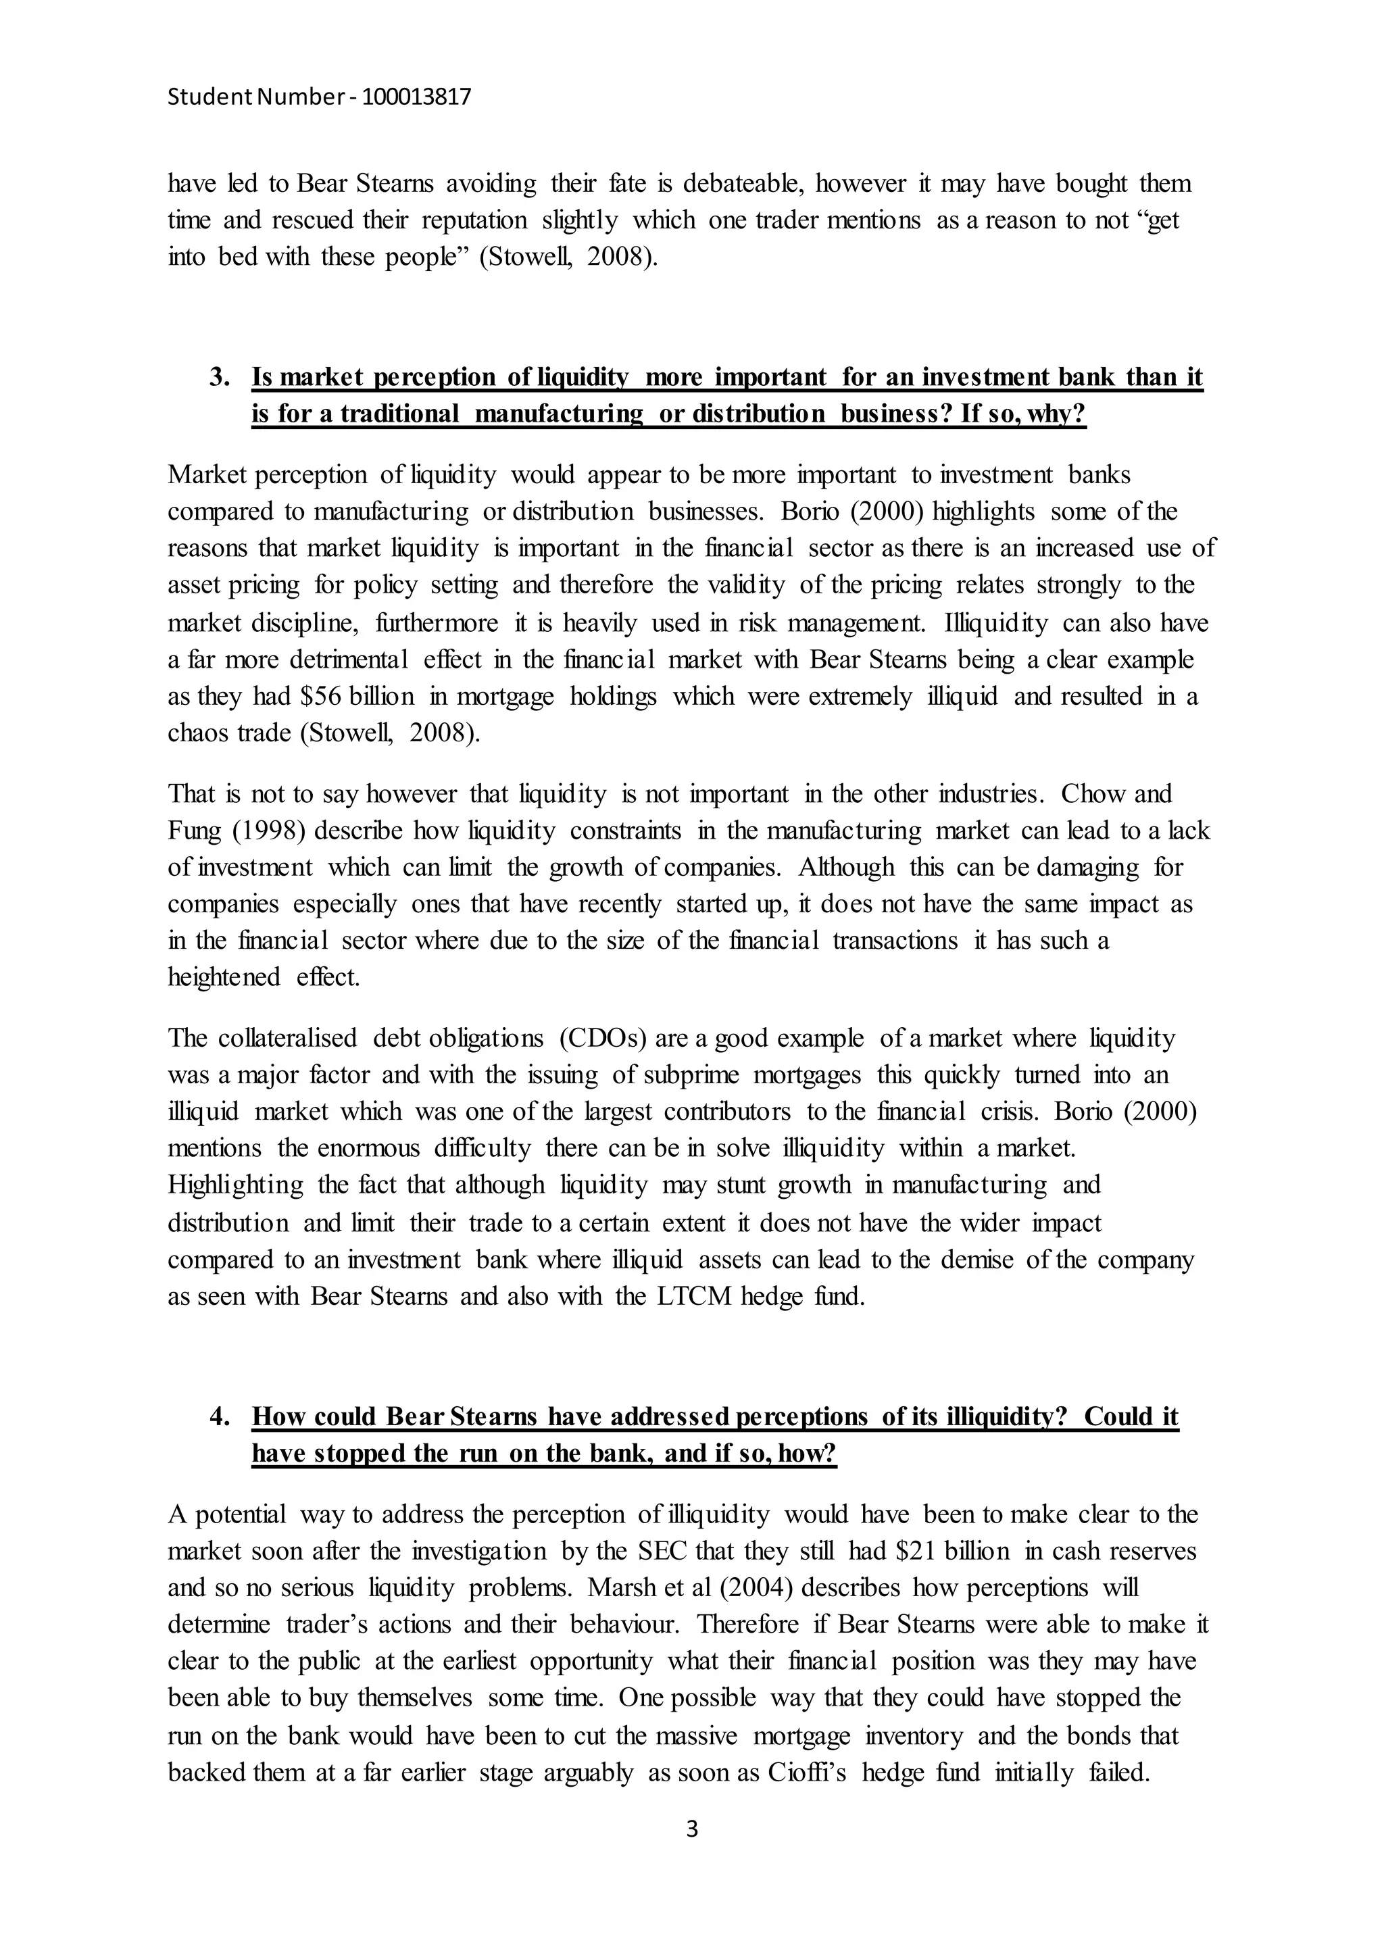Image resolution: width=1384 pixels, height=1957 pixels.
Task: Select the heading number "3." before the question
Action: tap(220, 377)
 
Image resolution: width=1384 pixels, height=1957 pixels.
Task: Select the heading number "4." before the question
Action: tap(220, 1416)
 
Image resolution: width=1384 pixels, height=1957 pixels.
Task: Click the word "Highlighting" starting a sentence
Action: tap(235, 1185)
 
